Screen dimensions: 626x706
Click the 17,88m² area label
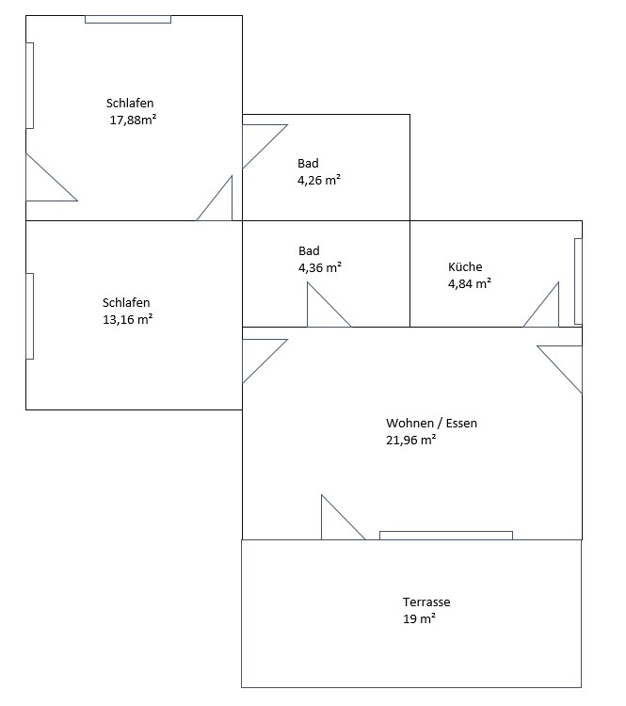(x=133, y=120)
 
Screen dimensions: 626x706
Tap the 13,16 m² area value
(x=127, y=319)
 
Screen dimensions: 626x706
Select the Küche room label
(x=465, y=266)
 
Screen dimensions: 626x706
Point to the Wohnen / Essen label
(x=431, y=423)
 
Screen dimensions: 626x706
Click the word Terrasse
(x=426, y=602)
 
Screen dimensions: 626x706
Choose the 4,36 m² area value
(x=320, y=267)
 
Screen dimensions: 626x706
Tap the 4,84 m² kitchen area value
(x=470, y=283)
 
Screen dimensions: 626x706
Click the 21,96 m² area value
(x=410, y=440)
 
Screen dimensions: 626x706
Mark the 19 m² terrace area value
(x=419, y=618)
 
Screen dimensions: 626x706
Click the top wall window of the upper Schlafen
(x=128, y=20)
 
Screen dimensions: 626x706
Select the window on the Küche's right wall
(x=578, y=281)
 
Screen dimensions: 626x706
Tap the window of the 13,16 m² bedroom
(x=30, y=316)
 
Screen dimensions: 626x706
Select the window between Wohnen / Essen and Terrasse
(x=446, y=536)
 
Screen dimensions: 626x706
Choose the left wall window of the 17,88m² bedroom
(x=30, y=86)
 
